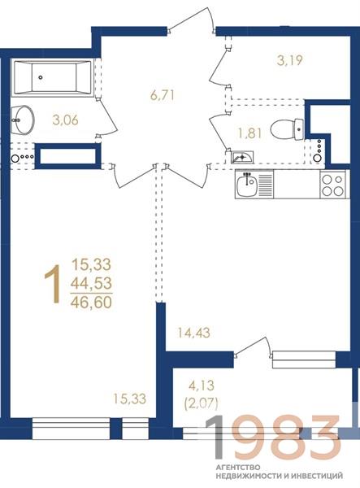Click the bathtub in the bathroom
[53, 77]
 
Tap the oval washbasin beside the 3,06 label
[22, 120]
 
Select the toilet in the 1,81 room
[287, 129]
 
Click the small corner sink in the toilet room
[242, 157]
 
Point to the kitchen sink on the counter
[246, 185]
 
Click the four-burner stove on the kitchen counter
[333, 185]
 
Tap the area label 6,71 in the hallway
[162, 95]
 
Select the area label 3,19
[289, 60]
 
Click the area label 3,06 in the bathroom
[65, 120]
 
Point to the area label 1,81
[249, 133]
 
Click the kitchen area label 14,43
[193, 333]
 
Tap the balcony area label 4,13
[202, 386]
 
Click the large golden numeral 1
[53, 284]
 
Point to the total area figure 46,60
[91, 303]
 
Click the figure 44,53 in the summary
[91, 284]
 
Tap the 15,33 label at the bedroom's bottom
[129, 399]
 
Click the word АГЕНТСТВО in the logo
[238, 467]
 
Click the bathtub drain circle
[41, 77]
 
